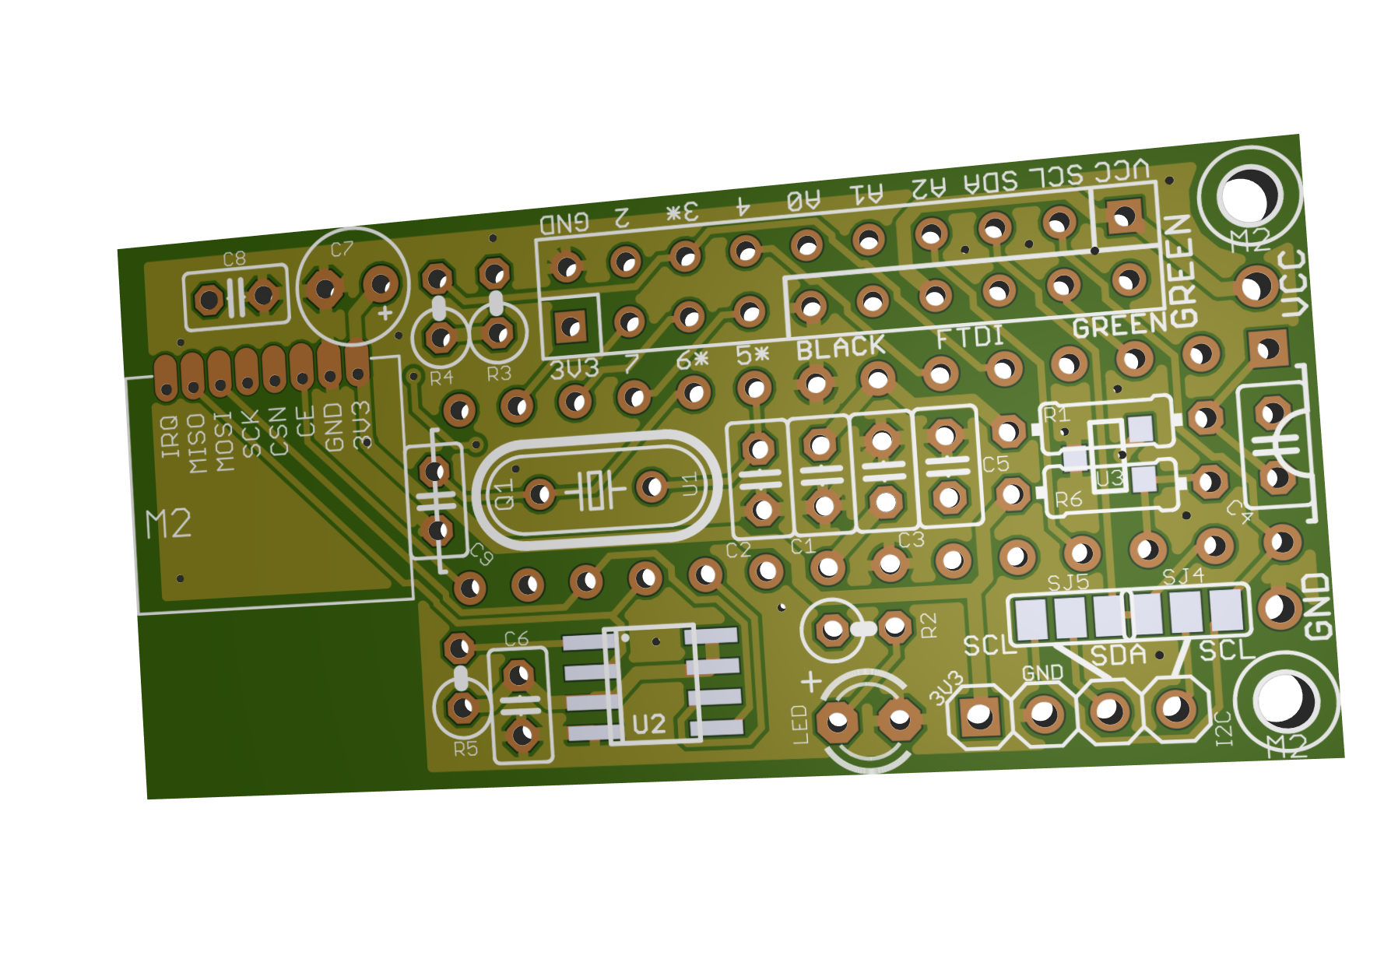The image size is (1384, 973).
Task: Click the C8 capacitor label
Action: click(234, 259)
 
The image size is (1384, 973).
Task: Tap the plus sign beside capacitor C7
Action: click(385, 313)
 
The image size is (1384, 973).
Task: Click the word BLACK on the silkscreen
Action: click(841, 348)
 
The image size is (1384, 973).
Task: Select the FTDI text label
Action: click(970, 337)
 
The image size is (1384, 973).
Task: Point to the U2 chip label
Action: click(648, 724)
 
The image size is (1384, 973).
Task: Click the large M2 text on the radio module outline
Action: click(169, 524)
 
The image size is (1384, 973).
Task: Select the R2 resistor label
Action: click(929, 624)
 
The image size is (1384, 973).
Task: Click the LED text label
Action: click(800, 725)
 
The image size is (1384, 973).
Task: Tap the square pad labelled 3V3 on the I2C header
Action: click(978, 715)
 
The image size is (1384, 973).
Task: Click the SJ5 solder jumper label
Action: click(1068, 582)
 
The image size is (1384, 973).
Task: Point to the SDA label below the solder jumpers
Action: click(1119, 655)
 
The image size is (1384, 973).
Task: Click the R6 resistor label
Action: click(1069, 499)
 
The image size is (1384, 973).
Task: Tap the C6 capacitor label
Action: click(516, 639)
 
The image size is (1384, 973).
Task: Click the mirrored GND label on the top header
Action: click(565, 224)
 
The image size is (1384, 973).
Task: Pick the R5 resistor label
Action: click(465, 749)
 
